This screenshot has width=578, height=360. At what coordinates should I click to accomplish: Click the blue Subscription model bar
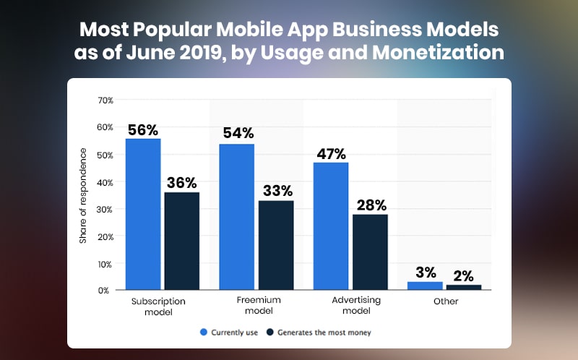143,214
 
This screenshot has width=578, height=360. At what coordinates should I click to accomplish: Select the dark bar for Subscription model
181,241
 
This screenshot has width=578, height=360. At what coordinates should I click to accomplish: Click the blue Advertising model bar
330,226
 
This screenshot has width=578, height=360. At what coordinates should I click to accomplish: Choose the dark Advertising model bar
369,252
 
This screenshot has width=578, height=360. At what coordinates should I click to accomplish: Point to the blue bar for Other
425,286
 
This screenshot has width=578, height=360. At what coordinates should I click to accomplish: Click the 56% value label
143,130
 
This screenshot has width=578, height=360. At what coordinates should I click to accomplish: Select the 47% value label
330,153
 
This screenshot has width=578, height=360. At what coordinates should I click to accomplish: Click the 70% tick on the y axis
104,100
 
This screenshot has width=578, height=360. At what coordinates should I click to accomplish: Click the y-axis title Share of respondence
84,195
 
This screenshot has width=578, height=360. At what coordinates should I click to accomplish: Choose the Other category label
446,301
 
